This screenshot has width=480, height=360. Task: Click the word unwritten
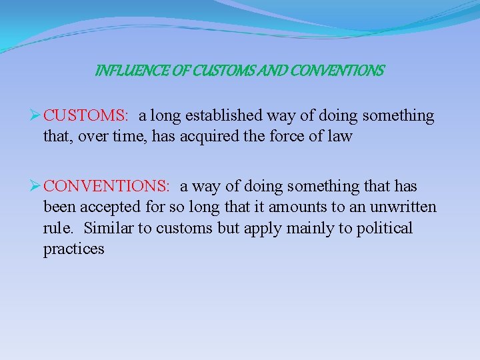[x=405, y=207]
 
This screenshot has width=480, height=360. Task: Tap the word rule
[x=58, y=229]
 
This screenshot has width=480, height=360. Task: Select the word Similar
[x=108, y=229]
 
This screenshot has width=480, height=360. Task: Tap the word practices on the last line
[x=73, y=249]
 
